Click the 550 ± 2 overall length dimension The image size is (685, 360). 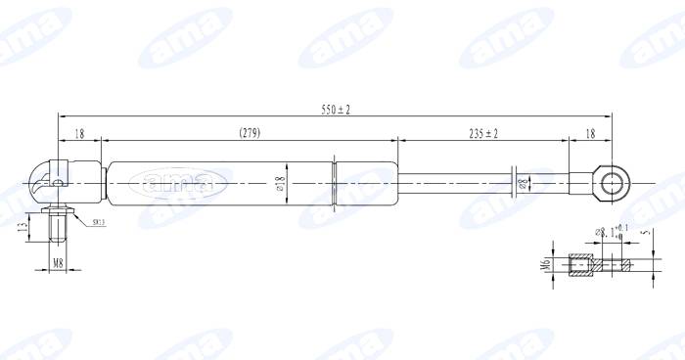335,109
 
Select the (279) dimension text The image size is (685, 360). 250,132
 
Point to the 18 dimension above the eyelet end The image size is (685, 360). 590,132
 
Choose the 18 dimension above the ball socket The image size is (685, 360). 78,132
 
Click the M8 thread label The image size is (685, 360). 58,263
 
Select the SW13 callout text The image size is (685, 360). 100,223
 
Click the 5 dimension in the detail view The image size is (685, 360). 647,234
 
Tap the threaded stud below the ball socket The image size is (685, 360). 58,227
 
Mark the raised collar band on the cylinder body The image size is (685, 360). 336,182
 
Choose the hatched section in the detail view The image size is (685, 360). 581,264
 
